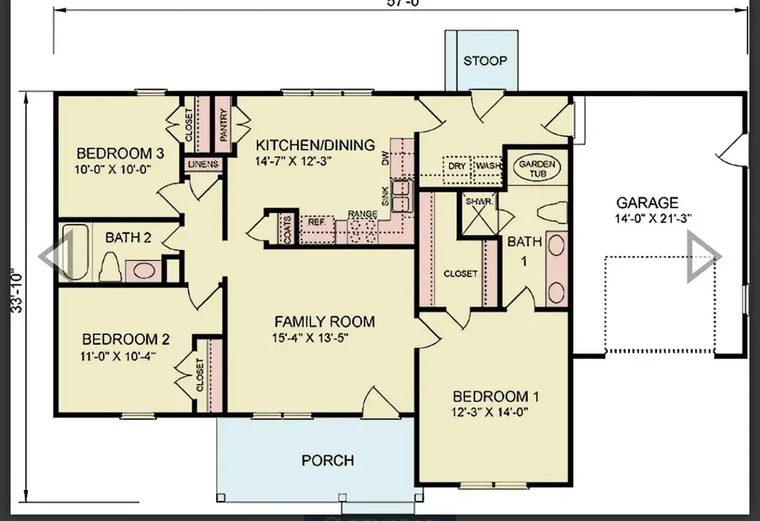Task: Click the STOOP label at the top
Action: click(x=485, y=61)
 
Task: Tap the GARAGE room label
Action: click(x=647, y=203)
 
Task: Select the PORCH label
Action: click(x=328, y=460)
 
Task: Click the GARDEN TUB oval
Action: click(x=535, y=167)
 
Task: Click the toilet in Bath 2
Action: click(x=109, y=266)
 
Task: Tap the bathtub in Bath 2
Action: click(x=72, y=251)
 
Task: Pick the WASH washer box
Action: click(x=487, y=166)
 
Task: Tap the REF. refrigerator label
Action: click(x=317, y=221)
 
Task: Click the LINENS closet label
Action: click(x=203, y=164)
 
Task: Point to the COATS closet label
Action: click(x=288, y=228)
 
